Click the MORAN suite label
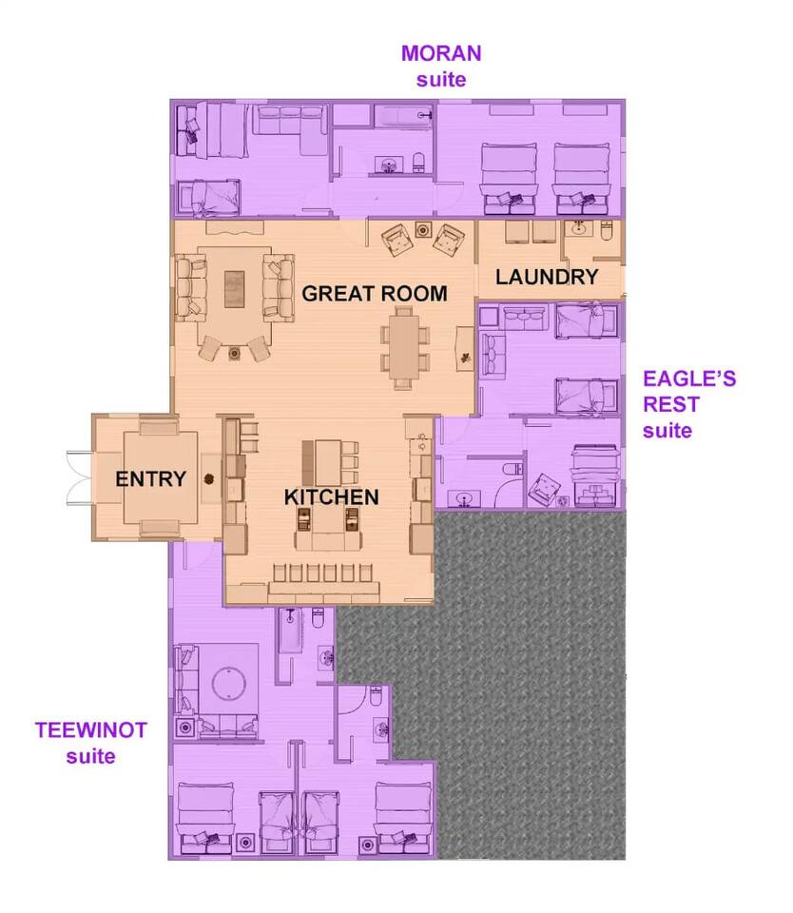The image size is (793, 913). (x=441, y=66)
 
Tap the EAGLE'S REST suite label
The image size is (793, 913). (x=689, y=404)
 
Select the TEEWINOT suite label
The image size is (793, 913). (x=91, y=743)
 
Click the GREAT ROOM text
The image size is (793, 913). (x=375, y=294)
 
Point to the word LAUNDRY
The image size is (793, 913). (x=547, y=277)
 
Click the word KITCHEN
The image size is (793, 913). (x=331, y=497)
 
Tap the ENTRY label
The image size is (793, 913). (x=151, y=479)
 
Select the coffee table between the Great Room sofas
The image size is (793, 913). (x=235, y=289)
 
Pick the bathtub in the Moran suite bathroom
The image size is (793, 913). (x=402, y=115)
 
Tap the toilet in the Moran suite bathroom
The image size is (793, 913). (x=418, y=163)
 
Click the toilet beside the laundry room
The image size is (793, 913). (x=606, y=230)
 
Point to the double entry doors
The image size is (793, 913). (x=80, y=477)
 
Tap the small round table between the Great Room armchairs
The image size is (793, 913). (x=423, y=230)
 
